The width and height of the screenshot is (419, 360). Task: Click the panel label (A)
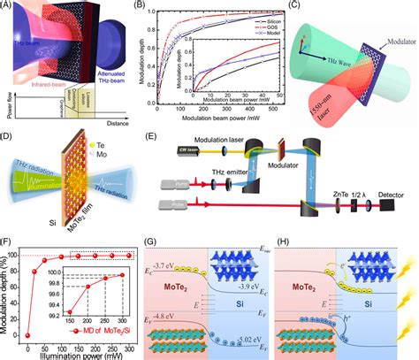8,8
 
